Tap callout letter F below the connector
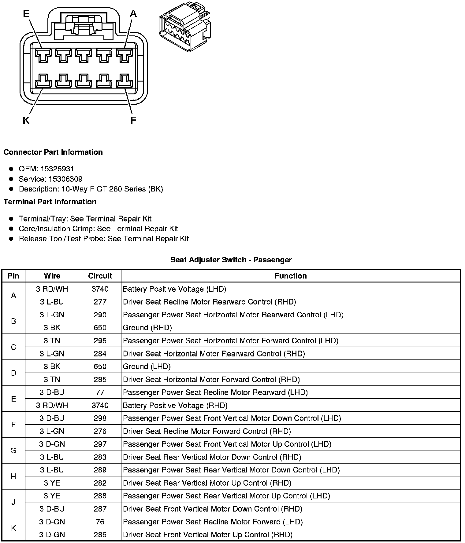pos(133,120)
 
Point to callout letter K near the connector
pos(26,121)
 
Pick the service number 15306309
pos(65,179)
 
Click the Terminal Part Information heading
pos(50,202)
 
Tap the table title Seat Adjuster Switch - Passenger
pos(231,260)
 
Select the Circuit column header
pos(100,276)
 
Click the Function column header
pos(291,276)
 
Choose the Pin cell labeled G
pos(13,450)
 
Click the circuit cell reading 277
pos(100,302)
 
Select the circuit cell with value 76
pos(100,522)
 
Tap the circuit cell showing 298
pos(100,418)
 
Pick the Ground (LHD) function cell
pos(147,366)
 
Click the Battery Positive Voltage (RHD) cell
pos(175,405)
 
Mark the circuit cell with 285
pos(100,379)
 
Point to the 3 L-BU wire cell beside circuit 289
pos(52,470)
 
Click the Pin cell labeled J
pos(13,502)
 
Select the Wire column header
pos(52,276)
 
